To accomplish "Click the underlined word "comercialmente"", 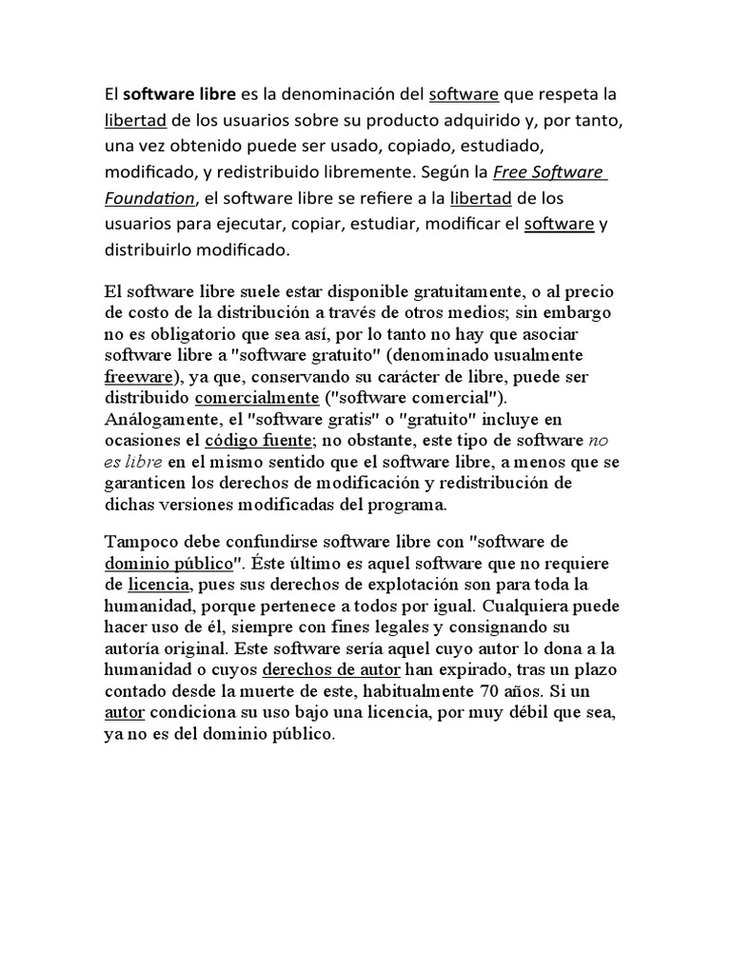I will (257, 397).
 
